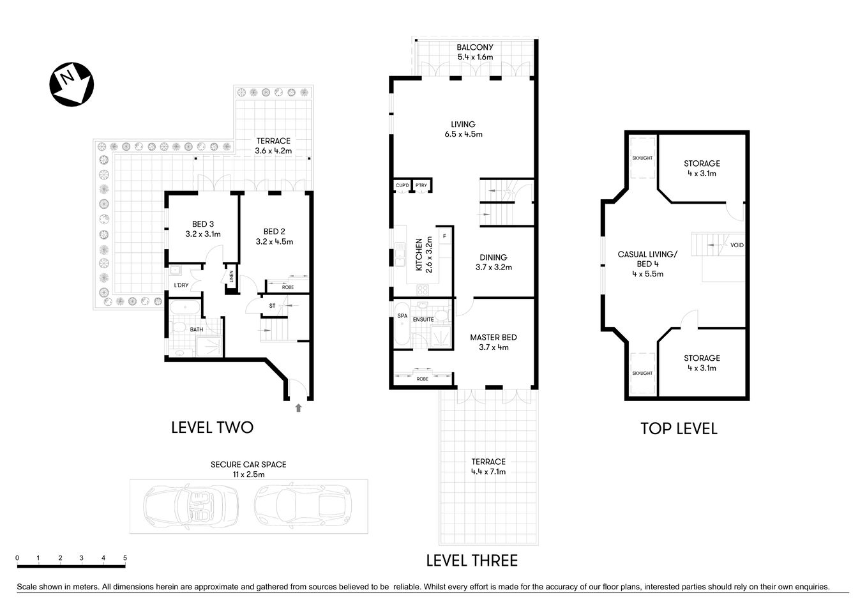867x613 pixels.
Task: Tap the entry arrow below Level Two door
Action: coord(298,407)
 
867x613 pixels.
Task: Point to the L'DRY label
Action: coord(181,285)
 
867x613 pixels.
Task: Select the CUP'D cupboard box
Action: coord(402,185)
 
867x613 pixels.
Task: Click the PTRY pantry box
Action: coord(421,185)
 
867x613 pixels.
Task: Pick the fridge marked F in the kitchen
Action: coord(444,237)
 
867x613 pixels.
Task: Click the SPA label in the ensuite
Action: coord(402,316)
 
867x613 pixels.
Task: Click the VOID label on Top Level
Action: coord(737,245)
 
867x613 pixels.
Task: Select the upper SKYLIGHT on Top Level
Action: coord(642,158)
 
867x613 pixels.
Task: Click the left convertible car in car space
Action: coord(191,506)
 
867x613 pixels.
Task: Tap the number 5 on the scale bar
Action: coord(125,558)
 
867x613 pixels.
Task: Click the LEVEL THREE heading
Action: coord(472,561)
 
